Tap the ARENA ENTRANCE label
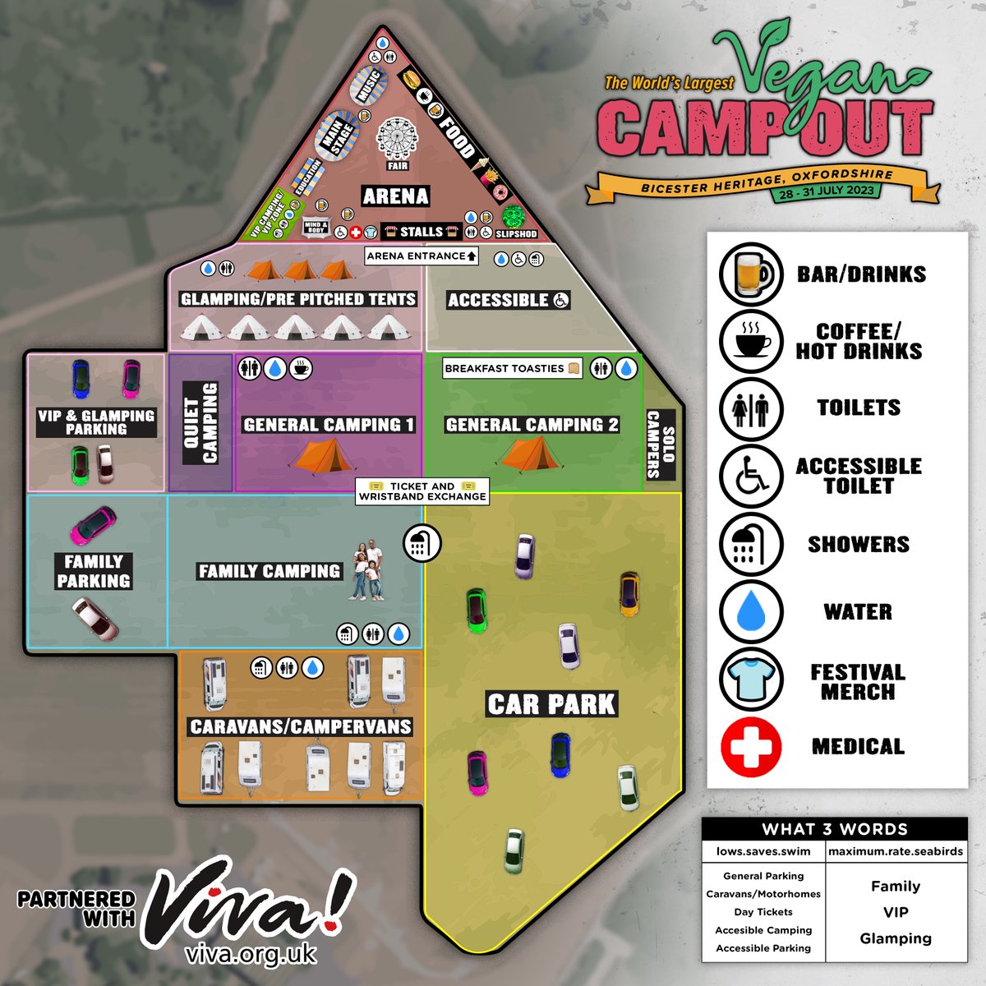tap(422, 256)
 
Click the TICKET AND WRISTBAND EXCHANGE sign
tap(422, 491)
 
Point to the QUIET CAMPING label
tap(200, 422)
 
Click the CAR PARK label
tap(551, 704)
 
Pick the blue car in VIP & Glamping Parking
tap(81, 379)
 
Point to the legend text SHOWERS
tap(859, 544)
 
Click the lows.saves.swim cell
tap(763, 851)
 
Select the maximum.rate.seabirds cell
tap(896, 851)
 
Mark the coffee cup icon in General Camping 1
tap(301, 368)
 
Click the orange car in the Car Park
tap(629, 593)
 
